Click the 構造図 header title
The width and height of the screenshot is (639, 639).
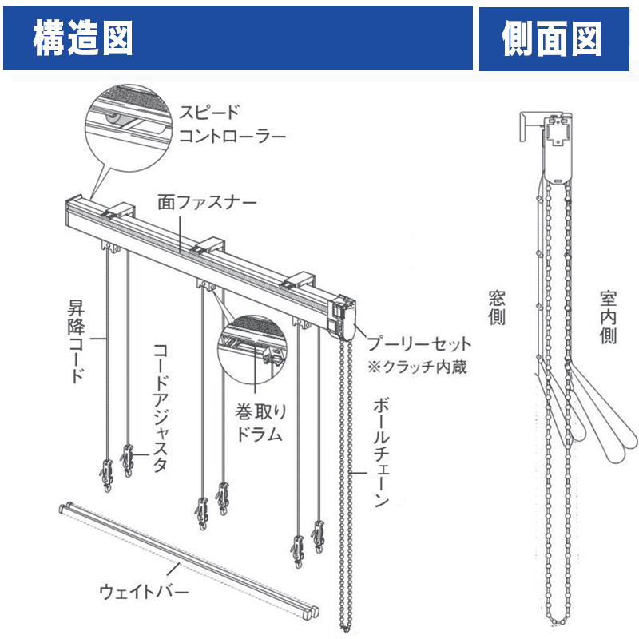[83, 38]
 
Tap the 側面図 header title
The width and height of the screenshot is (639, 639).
[552, 38]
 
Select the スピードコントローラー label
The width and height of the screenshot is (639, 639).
[231, 123]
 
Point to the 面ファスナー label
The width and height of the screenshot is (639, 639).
[207, 202]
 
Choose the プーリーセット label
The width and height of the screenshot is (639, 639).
[419, 345]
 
